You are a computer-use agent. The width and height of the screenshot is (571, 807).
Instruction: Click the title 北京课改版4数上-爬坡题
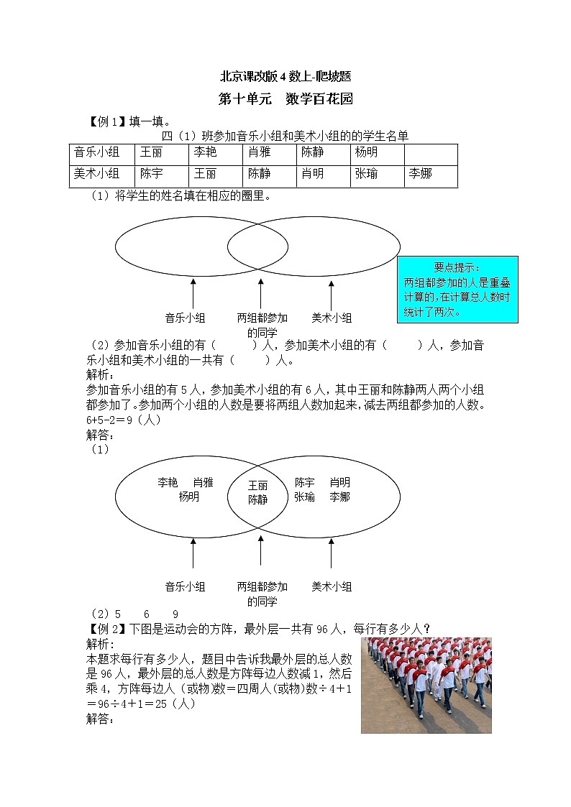point(285,76)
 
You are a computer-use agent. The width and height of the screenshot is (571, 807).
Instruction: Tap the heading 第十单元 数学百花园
point(285,99)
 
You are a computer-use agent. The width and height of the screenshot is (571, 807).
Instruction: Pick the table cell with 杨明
point(377,154)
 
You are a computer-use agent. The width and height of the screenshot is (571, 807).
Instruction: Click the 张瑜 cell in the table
point(377,174)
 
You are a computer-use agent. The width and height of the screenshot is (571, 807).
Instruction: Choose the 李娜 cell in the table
point(430,174)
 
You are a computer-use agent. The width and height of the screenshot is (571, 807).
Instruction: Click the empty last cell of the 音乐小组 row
point(430,154)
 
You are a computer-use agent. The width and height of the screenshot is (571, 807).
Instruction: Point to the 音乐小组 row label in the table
point(101,154)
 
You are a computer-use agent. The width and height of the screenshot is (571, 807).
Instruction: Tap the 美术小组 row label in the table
point(101,174)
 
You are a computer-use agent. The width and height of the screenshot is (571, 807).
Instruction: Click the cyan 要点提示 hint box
point(457,290)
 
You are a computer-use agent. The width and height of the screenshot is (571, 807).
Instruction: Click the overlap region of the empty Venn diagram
point(257,246)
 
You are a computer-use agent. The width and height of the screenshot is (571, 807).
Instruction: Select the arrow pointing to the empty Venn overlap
point(260,293)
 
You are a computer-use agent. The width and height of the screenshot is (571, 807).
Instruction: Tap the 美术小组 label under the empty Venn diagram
point(332,318)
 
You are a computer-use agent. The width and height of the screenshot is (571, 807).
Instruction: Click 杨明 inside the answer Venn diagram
point(189,497)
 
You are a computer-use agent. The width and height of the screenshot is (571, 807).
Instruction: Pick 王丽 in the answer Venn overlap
point(257,486)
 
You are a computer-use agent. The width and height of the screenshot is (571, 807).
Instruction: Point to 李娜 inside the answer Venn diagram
point(339,497)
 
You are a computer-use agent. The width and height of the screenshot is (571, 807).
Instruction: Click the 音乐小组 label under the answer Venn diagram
point(185,586)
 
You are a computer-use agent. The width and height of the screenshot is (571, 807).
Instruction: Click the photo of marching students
point(426,685)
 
